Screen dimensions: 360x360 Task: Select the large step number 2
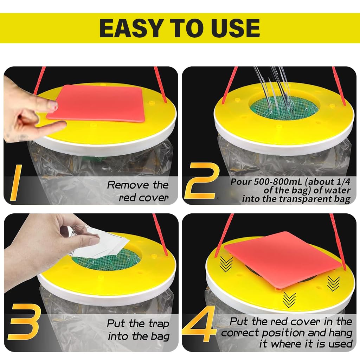[201, 181]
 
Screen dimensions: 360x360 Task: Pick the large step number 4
[199, 323]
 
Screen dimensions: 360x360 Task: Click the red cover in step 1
[96, 103]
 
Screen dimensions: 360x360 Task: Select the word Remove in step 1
[128, 185]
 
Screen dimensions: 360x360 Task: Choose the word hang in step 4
[341, 333]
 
